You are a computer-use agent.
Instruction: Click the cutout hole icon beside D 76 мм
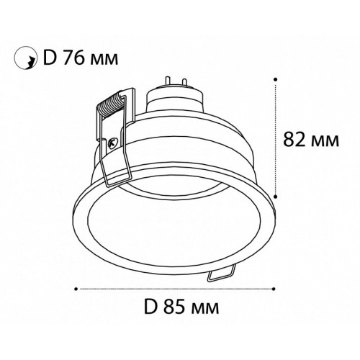coord(26,58)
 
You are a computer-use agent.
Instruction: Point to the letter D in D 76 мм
coord(49,58)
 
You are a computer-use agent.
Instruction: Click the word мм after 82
coord(325,142)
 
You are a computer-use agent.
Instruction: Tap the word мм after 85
coord(204,310)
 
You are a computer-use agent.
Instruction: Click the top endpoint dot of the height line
coord(276,79)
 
